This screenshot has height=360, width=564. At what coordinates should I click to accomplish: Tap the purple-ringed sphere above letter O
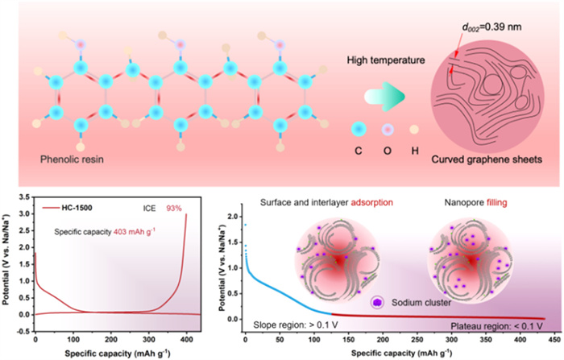[x=386, y=129]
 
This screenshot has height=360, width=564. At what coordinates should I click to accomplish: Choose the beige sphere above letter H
[x=414, y=129]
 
